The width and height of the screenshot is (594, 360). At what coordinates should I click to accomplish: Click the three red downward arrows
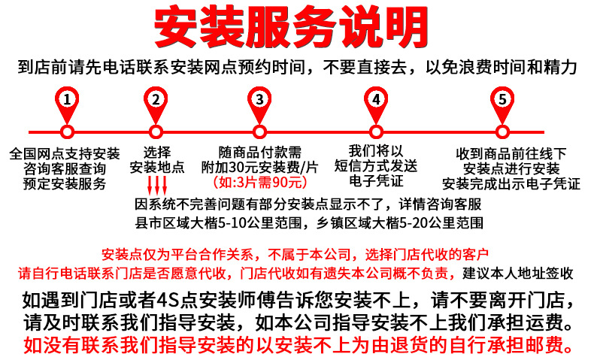[x=156, y=185]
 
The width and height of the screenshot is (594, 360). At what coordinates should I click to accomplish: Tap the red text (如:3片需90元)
[x=259, y=182]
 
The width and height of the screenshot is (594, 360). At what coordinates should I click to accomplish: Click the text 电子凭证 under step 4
[x=377, y=180]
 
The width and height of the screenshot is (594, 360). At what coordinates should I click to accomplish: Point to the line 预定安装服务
[x=65, y=183]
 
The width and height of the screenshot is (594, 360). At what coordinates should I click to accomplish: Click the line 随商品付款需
[x=259, y=152]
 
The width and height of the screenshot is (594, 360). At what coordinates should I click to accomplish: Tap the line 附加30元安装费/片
[x=259, y=167]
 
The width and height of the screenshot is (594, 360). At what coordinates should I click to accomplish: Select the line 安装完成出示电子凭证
[x=511, y=183]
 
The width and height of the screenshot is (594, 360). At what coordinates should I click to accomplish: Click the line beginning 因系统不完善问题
[x=308, y=204]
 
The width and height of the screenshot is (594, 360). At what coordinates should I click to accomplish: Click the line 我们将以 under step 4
[x=377, y=151]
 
